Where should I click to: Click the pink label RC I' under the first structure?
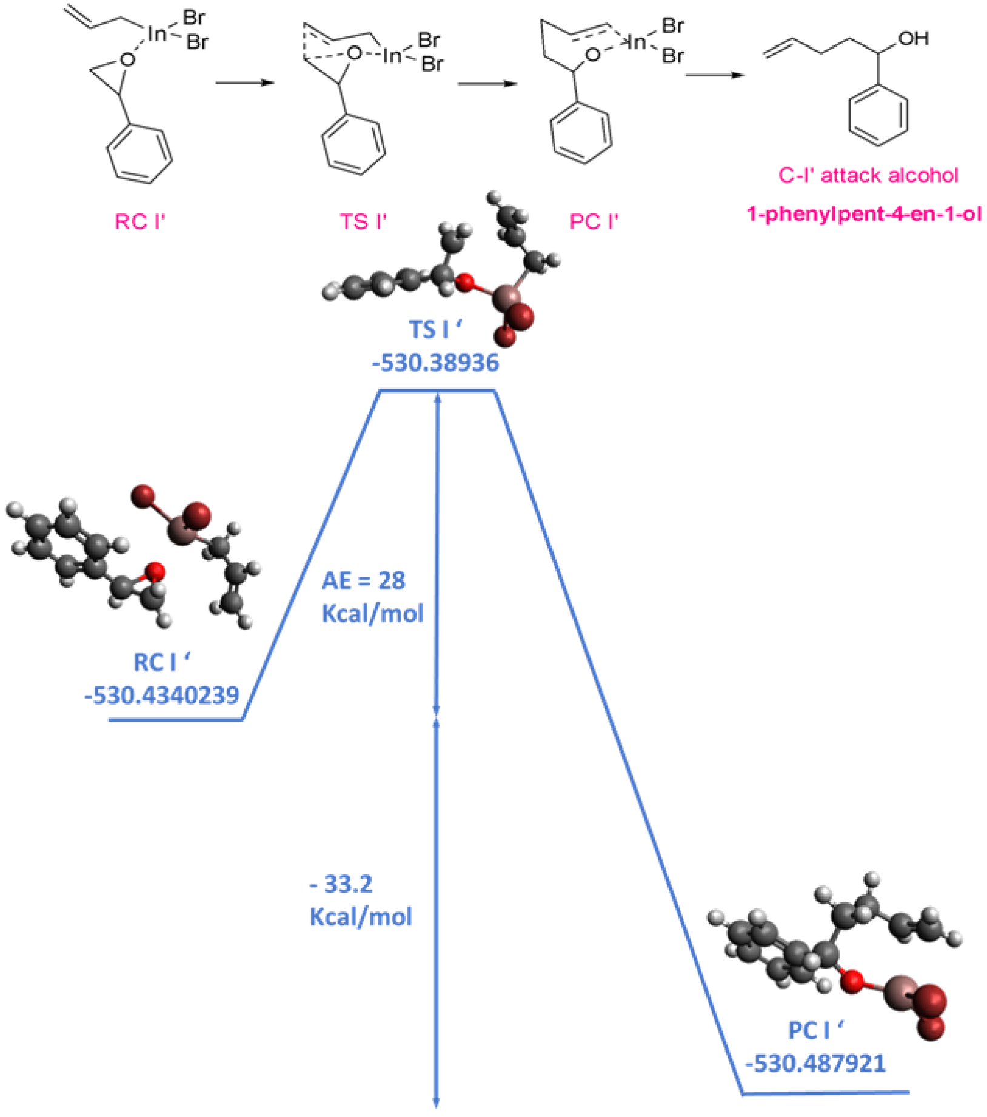[140, 222]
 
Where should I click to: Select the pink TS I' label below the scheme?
[363, 222]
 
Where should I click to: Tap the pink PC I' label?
[594, 222]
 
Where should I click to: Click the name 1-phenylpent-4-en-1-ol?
[864, 214]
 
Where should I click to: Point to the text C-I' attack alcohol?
[868, 175]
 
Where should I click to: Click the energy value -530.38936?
[435, 363]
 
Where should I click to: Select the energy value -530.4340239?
[162, 695]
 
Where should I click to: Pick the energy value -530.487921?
[815, 1063]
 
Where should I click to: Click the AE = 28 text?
[363, 581]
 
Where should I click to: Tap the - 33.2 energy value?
[341, 884]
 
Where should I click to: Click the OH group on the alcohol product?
[913, 39]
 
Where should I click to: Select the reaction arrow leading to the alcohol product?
[714, 75]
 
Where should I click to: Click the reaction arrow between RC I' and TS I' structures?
[245, 82]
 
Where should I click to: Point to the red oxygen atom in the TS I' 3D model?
[465, 283]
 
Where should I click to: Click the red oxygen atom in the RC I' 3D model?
[155, 571]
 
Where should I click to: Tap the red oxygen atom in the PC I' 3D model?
[852, 981]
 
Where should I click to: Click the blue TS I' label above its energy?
[435, 330]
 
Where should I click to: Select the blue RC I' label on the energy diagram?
[162, 662]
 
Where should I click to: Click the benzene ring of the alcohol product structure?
[878, 116]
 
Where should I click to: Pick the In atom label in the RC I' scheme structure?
[157, 34]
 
